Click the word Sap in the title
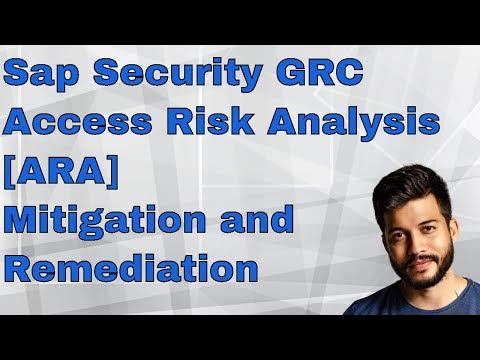coord(39,76)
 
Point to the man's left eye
coord(430,215)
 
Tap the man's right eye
coord(393,215)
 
